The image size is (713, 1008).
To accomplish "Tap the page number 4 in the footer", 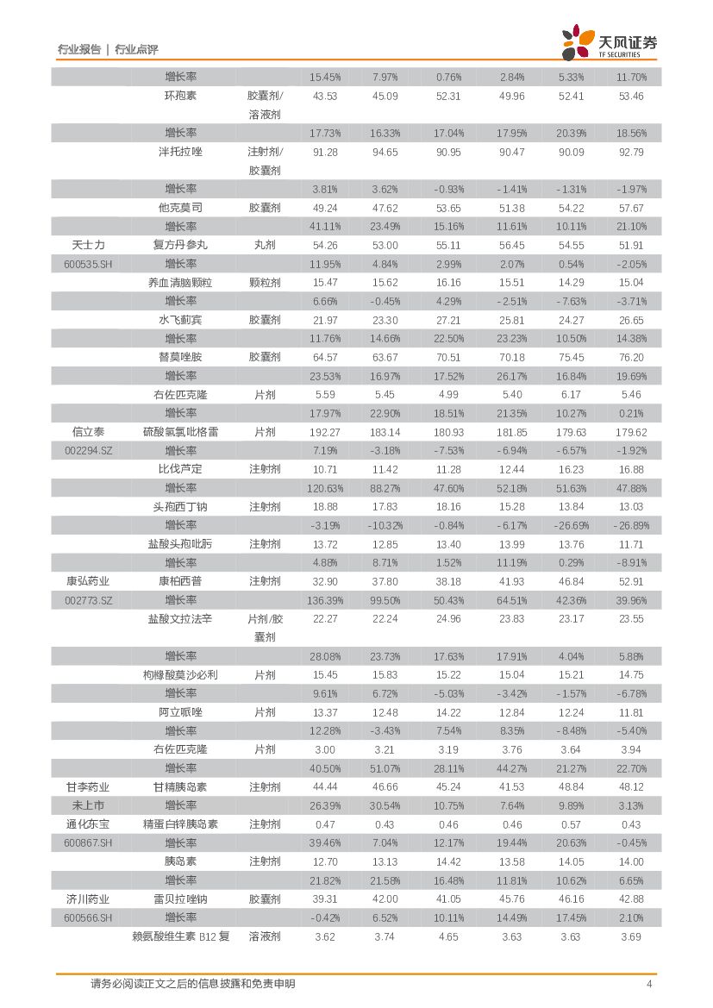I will click(649, 984).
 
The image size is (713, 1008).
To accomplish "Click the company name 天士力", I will click(90, 245).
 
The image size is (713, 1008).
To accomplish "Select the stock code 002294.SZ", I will click(88, 451).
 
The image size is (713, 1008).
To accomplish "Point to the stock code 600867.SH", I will click(88, 842).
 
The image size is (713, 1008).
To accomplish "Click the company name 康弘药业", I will click(89, 581).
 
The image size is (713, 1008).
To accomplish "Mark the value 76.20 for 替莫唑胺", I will click(631, 357).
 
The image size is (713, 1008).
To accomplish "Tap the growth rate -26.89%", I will click(631, 525).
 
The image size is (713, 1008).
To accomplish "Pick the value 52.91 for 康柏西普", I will click(631, 581).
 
